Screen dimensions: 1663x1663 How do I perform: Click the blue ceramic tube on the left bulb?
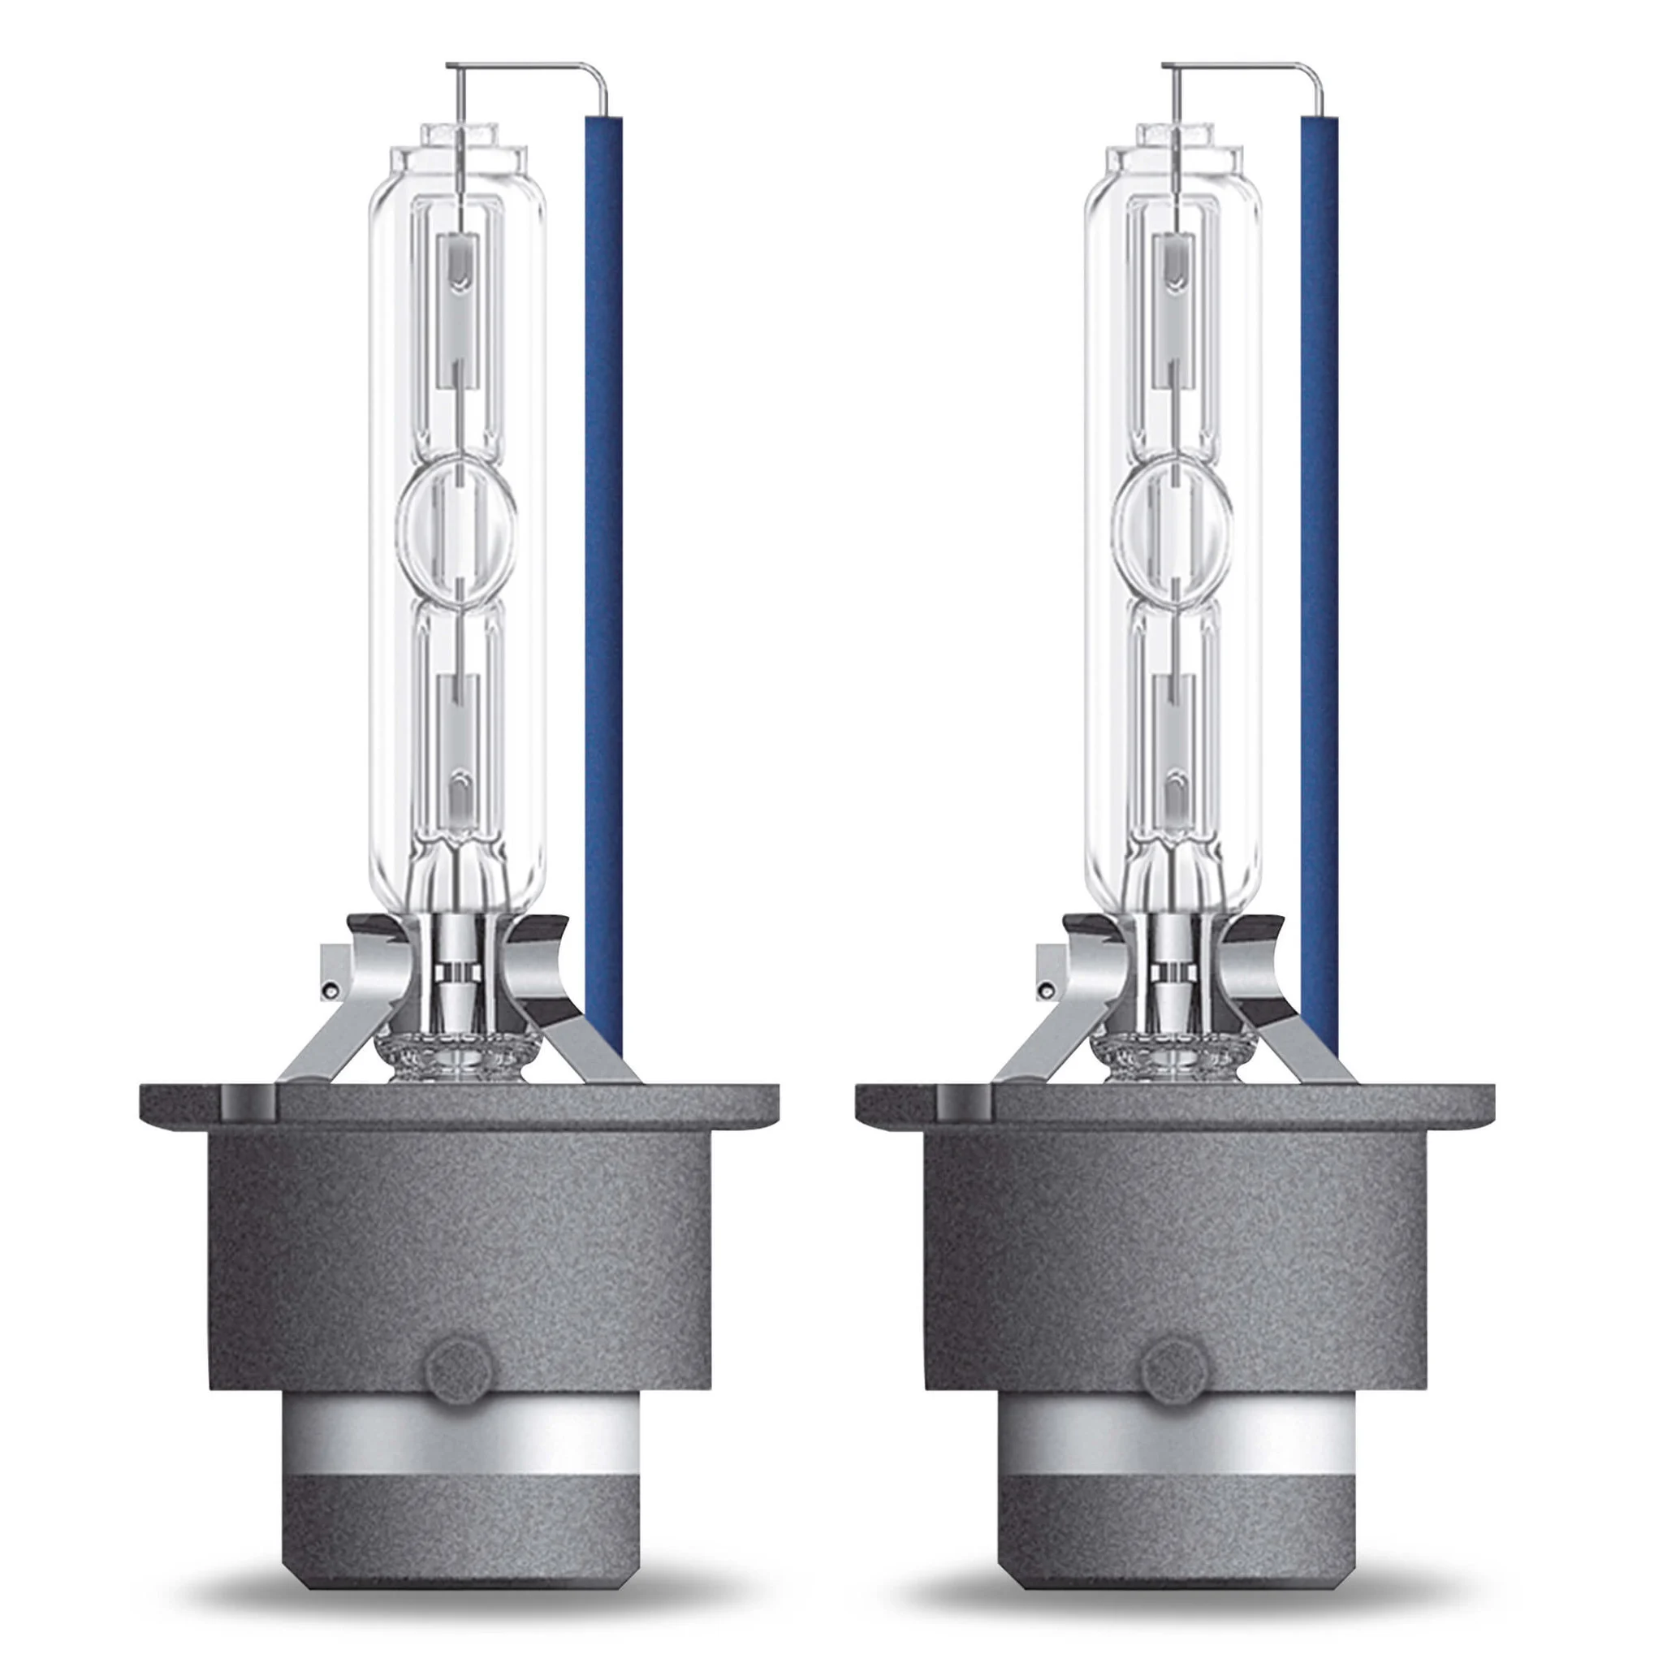click(x=603, y=559)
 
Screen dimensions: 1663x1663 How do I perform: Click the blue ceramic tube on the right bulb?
click(x=1320, y=559)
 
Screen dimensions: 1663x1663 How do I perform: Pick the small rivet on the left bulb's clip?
click(x=328, y=991)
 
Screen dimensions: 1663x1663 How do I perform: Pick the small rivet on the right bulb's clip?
click(x=1044, y=991)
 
